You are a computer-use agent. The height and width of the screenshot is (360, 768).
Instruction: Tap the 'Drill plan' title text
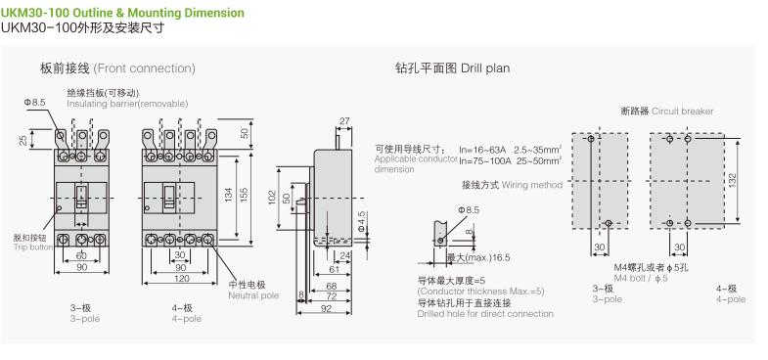click(484, 68)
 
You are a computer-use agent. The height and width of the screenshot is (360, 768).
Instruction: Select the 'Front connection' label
click(145, 68)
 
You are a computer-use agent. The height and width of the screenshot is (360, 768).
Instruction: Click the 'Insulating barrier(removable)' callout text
click(127, 104)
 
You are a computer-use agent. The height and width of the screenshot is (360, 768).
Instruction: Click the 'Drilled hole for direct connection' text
click(484, 313)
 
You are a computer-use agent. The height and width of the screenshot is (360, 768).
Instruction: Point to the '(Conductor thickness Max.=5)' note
click(480, 291)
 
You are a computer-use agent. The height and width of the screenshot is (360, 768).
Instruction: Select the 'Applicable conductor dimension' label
click(415, 162)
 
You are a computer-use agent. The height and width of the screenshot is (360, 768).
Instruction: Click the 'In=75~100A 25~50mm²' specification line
click(511, 160)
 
